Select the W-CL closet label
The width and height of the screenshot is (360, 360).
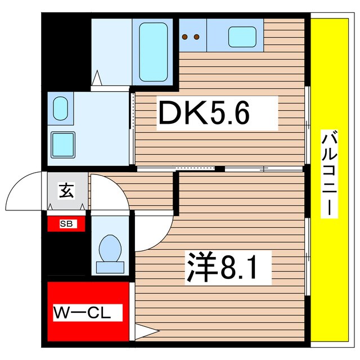click(x=87, y=312)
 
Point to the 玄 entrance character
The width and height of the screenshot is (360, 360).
click(x=66, y=191)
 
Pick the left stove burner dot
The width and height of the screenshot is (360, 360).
click(x=184, y=38)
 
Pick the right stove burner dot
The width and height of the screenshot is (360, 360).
click(x=196, y=38)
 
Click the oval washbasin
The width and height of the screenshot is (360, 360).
click(x=60, y=109)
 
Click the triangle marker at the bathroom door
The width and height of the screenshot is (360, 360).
click(x=97, y=77)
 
